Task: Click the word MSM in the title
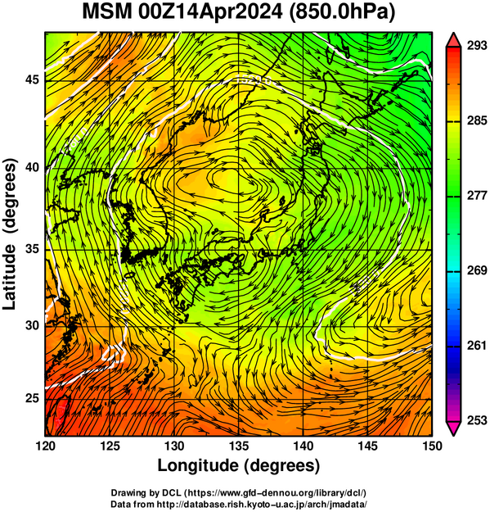(x=108, y=11)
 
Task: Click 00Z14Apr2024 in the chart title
(x=210, y=11)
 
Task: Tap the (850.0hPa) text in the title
(x=342, y=13)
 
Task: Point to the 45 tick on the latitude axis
(x=32, y=79)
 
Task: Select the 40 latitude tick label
(x=32, y=167)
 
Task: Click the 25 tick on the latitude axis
(x=32, y=398)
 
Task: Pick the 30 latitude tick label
(x=32, y=325)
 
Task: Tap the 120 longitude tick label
(x=45, y=446)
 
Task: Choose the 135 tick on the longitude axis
(x=239, y=446)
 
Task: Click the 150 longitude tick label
(x=432, y=446)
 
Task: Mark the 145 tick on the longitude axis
(x=368, y=446)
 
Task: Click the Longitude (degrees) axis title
(x=239, y=466)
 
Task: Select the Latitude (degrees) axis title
(x=10, y=233)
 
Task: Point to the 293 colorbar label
(x=477, y=46)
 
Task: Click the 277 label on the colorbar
(x=477, y=196)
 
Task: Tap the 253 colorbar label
(x=477, y=420)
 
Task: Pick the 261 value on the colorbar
(x=477, y=346)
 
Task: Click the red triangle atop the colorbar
(x=453, y=40)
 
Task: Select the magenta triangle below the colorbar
(x=453, y=428)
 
